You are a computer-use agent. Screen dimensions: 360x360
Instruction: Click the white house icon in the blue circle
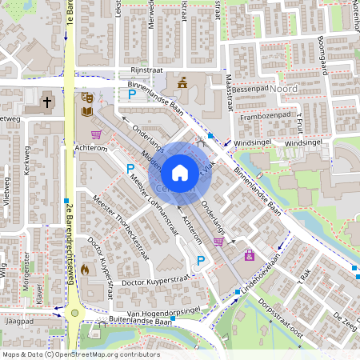tap(180, 172)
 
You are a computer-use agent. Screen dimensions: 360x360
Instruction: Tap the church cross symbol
tap(47, 102)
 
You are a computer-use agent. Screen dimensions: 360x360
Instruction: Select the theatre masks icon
tap(87, 98)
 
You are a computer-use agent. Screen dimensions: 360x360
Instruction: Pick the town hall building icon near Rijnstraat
tap(182, 82)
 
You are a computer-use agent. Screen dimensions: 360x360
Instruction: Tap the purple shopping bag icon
tap(250, 255)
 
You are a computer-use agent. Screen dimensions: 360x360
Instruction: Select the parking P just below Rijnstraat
tap(132, 94)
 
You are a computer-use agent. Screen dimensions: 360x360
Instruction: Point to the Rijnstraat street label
tap(146, 70)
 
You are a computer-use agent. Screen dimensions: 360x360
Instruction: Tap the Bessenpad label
tap(250, 90)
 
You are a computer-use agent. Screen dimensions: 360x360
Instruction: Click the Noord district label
tap(284, 89)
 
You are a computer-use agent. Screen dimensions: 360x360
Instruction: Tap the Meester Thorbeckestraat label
tap(121, 218)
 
